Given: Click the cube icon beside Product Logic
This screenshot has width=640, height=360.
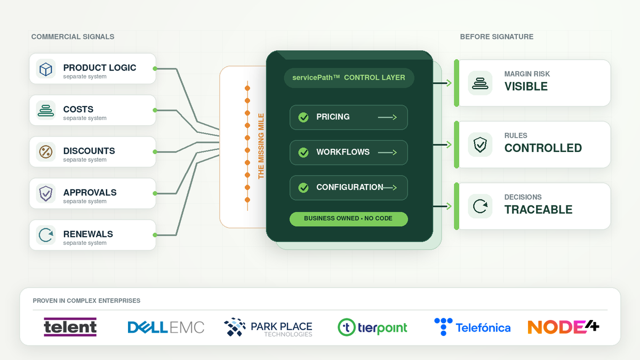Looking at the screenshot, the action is [46, 69].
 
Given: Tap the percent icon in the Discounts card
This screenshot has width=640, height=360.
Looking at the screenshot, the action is [46, 151].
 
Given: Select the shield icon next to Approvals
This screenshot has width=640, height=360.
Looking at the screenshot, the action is [46, 194].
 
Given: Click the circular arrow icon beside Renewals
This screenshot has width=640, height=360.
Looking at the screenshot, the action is [46, 235].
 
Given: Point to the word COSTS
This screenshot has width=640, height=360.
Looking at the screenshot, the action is [78, 109].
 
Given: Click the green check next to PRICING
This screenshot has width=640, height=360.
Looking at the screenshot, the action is [303, 117].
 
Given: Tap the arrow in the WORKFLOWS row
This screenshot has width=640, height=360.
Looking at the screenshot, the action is [387, 153].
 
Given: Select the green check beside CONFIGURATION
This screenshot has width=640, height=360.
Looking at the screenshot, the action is [303, 188].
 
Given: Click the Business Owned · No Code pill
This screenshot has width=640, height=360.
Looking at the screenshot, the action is [349, 219].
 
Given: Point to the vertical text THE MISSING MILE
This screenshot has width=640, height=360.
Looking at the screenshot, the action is [261, 146].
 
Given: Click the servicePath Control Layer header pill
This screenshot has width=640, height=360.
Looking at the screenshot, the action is [349, 78].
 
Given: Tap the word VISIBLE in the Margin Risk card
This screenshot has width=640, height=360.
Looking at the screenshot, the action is [526, 86].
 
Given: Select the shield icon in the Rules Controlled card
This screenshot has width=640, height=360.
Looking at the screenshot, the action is [480, 145].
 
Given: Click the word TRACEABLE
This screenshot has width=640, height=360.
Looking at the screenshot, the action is [538, 210].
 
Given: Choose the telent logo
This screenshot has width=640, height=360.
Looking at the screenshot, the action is [70, 327].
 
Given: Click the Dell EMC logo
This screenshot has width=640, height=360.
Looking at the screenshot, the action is [166, 327].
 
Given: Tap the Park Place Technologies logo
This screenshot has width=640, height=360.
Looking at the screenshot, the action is [268, 327].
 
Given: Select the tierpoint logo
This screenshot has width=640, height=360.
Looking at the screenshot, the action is [372, 327].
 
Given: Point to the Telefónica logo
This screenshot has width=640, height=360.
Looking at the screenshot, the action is [473, 327].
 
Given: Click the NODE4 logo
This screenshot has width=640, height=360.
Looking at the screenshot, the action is [563, 327].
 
